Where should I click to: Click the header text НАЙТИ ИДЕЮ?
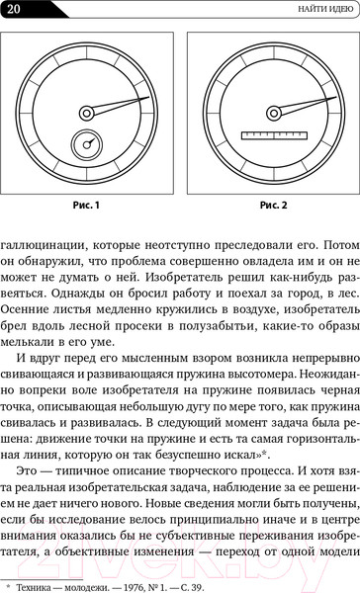(x=315, y=10)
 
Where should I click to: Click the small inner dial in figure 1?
(x=88, y=147)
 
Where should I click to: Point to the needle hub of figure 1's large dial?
(x=86, y=112)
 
